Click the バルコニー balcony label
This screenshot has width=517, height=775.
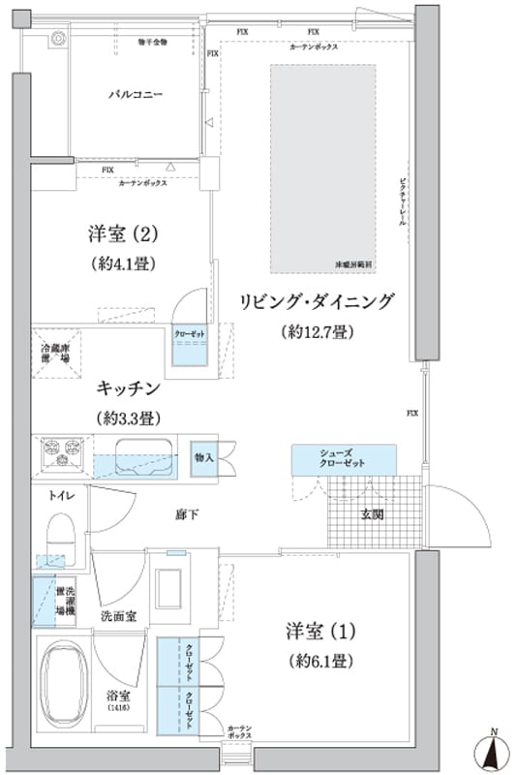(135, 96)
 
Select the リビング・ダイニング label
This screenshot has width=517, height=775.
(317, 301)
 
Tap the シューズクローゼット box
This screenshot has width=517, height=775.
(343, 458)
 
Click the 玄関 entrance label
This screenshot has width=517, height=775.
(373, 513)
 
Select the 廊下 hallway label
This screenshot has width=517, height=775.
(187, 513)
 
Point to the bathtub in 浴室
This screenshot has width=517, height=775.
(67, 682)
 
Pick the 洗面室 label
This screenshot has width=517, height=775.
(118, 616)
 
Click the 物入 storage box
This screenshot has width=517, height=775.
(204, 456)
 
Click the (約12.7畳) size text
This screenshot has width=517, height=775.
(317, 332)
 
